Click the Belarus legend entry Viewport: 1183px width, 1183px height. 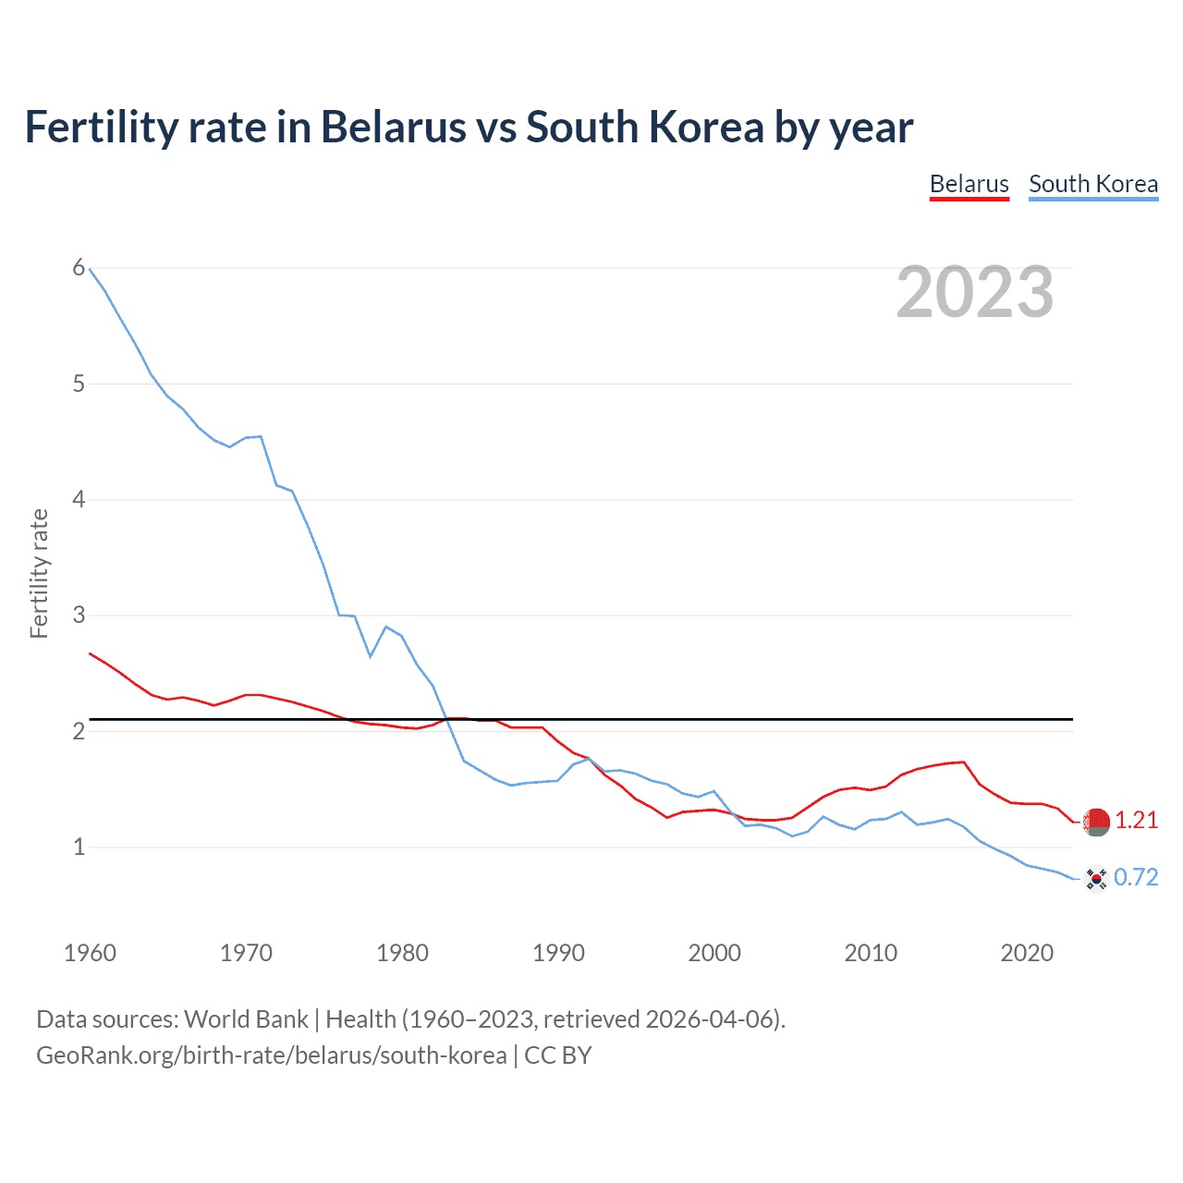(969, 184)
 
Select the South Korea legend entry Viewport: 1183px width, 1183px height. (1092, 184)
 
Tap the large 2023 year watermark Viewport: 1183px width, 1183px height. (974, 292)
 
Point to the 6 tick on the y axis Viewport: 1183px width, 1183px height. (79, 268)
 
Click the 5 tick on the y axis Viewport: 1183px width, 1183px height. (79, 384)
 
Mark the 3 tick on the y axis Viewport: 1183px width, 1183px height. (79, 616)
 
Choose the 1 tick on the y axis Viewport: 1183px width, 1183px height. (79, 847)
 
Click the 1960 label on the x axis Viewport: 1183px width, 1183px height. (90, 953)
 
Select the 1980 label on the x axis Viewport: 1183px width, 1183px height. (402, 953)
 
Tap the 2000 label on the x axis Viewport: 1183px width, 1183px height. (714, 953)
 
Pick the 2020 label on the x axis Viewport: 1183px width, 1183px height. (1027, 953)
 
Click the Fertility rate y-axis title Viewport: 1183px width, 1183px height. (39, 573)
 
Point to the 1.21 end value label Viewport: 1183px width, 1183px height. (1136, 821)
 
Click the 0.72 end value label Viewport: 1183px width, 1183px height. (1136, 878)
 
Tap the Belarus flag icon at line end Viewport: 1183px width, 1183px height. (1096, 821)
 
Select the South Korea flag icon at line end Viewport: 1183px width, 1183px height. (1096, 878)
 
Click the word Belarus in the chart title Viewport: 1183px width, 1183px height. (393, 127)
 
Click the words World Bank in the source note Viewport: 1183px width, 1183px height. (246, 1019)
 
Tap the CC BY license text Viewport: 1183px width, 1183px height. (557, 1055)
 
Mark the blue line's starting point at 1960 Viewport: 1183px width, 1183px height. (90, 269)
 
